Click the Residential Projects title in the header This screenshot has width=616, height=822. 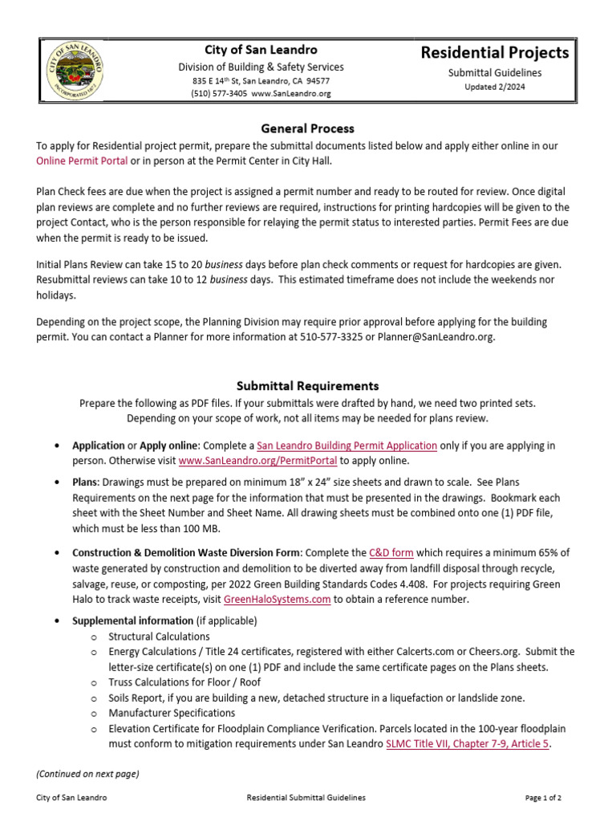coord(495,53)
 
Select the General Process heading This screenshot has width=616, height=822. coord(307,128)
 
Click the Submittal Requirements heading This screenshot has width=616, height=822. coord(307,386)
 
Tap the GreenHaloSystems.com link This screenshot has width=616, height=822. coord(277,599)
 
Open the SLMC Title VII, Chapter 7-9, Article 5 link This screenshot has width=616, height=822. coord(468,743)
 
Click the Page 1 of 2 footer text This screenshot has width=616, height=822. coord(543,798)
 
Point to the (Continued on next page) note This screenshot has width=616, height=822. coord(87,774)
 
